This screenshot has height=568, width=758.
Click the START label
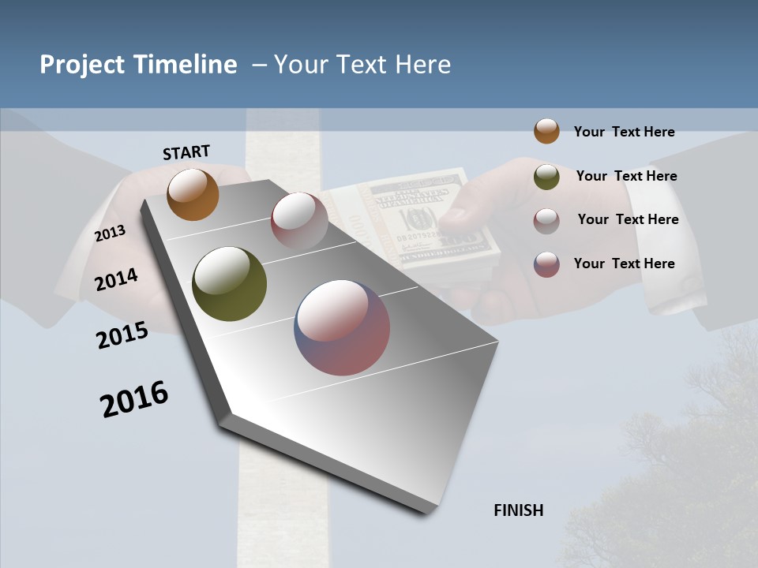(186, 152)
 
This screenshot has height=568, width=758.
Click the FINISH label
(518, 510)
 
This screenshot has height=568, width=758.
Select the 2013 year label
(110, 234)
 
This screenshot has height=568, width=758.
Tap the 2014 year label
(116, 279)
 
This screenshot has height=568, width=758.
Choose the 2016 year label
(134, 398)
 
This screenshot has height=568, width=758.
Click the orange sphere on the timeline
(193, 194)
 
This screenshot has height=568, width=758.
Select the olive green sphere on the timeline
(229, 284)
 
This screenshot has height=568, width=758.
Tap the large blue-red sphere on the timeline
(342, 327)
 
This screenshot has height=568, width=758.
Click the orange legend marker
(546, 131)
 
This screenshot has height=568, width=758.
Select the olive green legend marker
(546, 177)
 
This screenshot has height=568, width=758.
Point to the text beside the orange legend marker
(624, 132)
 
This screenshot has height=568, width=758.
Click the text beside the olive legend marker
(626, 176)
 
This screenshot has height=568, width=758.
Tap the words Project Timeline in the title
(138, 65)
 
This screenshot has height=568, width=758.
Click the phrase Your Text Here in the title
(362, 65)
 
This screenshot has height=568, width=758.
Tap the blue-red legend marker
(546, 264)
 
